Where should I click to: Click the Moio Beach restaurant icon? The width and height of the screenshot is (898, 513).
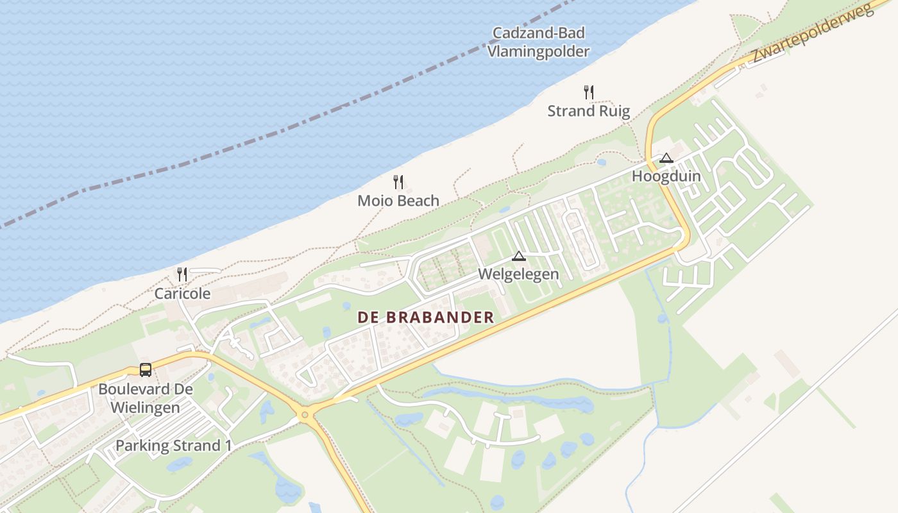click(x=398, y=182)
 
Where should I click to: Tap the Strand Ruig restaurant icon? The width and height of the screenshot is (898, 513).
click(x=589, y=92)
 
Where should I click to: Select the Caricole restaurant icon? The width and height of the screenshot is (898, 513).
click(x=182, y=274)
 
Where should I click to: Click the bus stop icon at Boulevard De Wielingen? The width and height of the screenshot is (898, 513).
click(x=146, y=370)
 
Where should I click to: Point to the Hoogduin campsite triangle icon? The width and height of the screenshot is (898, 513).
click(x=666, y=158)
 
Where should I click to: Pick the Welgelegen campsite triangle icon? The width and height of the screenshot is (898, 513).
click(x=519, y=256)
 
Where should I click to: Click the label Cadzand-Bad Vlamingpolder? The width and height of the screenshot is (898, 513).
click(x=538, y=42)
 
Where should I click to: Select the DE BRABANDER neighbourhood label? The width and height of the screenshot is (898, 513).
click(x=425, y=317)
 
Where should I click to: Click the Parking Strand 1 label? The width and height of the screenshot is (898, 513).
click(x=173, y=446)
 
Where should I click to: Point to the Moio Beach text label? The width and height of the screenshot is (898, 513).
click(x=398, y=201)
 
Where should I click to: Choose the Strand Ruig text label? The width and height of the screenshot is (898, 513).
click(x=589, y=111)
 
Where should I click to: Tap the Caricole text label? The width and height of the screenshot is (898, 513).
click(x=182, y=294)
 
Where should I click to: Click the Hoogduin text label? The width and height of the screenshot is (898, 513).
click(x=666, y=176)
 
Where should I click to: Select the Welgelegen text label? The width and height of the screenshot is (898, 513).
click(x=519, y=274)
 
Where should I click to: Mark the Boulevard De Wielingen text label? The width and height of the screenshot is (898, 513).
click(x=146, y=398)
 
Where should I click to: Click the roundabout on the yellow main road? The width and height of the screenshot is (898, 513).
click(x=305, y=415)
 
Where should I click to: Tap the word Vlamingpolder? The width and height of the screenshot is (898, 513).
click(x=538, y=51)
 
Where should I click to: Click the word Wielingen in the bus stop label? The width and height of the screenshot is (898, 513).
click(x=146, y=407)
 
